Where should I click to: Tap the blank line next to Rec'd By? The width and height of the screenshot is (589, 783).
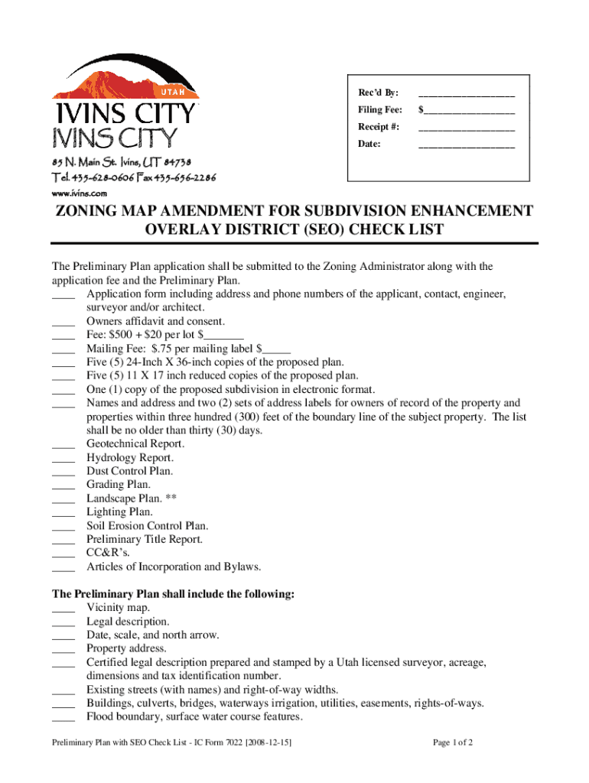pyautogui.click(x=467, y=96)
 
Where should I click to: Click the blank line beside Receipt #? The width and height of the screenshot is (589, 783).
pyautogui.click(x=467, y=128)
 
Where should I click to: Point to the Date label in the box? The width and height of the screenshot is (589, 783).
pyautogui.click(x=369, y=144)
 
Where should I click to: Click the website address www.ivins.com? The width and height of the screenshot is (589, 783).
pyautogui.click(x=79, y=193)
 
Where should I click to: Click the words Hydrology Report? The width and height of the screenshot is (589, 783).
pyautogui.click(x=129, y=457)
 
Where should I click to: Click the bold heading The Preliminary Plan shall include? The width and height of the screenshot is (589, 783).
pyautogui.click(x=173, y=594)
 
